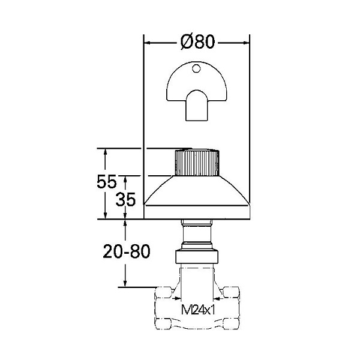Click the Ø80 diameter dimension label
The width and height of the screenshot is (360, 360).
[x=197, y=42]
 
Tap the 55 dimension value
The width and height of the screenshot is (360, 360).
[x=107, y=181]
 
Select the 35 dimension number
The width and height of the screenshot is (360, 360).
[x=125, y=199]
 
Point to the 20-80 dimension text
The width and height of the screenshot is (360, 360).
[x=127, y=251]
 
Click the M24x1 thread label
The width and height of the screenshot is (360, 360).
[x=198, y=310]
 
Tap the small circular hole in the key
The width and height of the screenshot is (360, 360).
[x=196, y=68]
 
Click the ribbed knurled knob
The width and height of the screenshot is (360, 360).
[x=197, y=163]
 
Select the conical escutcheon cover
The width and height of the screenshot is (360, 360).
[x=197, y=197]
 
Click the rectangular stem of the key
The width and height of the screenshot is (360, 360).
[x=197, y=108]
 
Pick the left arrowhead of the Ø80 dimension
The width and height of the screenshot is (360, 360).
[x=147, y=43]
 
